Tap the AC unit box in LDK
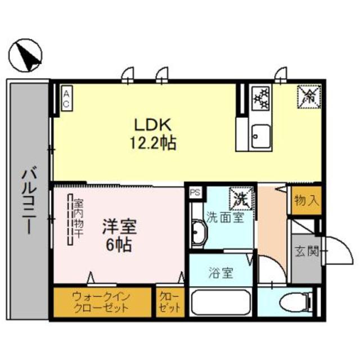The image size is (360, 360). point(66,100)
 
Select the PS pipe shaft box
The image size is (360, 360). point(195,192)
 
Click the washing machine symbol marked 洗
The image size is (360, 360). point(241,199)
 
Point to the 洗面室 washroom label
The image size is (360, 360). point(225,217)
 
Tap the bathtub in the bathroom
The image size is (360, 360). point(220,303)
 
